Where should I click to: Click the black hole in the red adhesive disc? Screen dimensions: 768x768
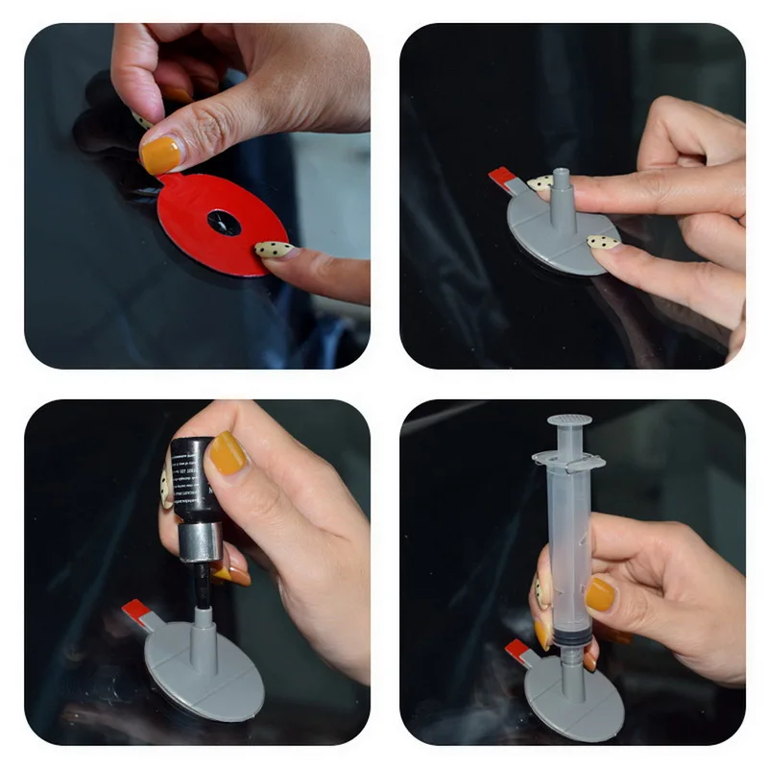tap(224, 223)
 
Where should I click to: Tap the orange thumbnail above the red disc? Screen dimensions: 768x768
tap(161, 154)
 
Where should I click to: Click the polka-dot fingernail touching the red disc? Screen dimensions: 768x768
tap(274, 250)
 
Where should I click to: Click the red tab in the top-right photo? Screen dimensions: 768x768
tap(503, 178)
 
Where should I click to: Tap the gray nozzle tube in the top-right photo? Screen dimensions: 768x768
tap(563, 197)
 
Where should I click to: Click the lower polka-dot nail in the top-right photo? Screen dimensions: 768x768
tap(604, 242)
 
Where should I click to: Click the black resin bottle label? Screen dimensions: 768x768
tap(192, 475)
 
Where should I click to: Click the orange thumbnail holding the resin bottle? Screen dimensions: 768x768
tap(228, 453)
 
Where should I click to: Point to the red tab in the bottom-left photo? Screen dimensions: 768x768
tap(136, 611)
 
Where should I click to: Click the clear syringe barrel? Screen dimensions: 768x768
tap(571, 547)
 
